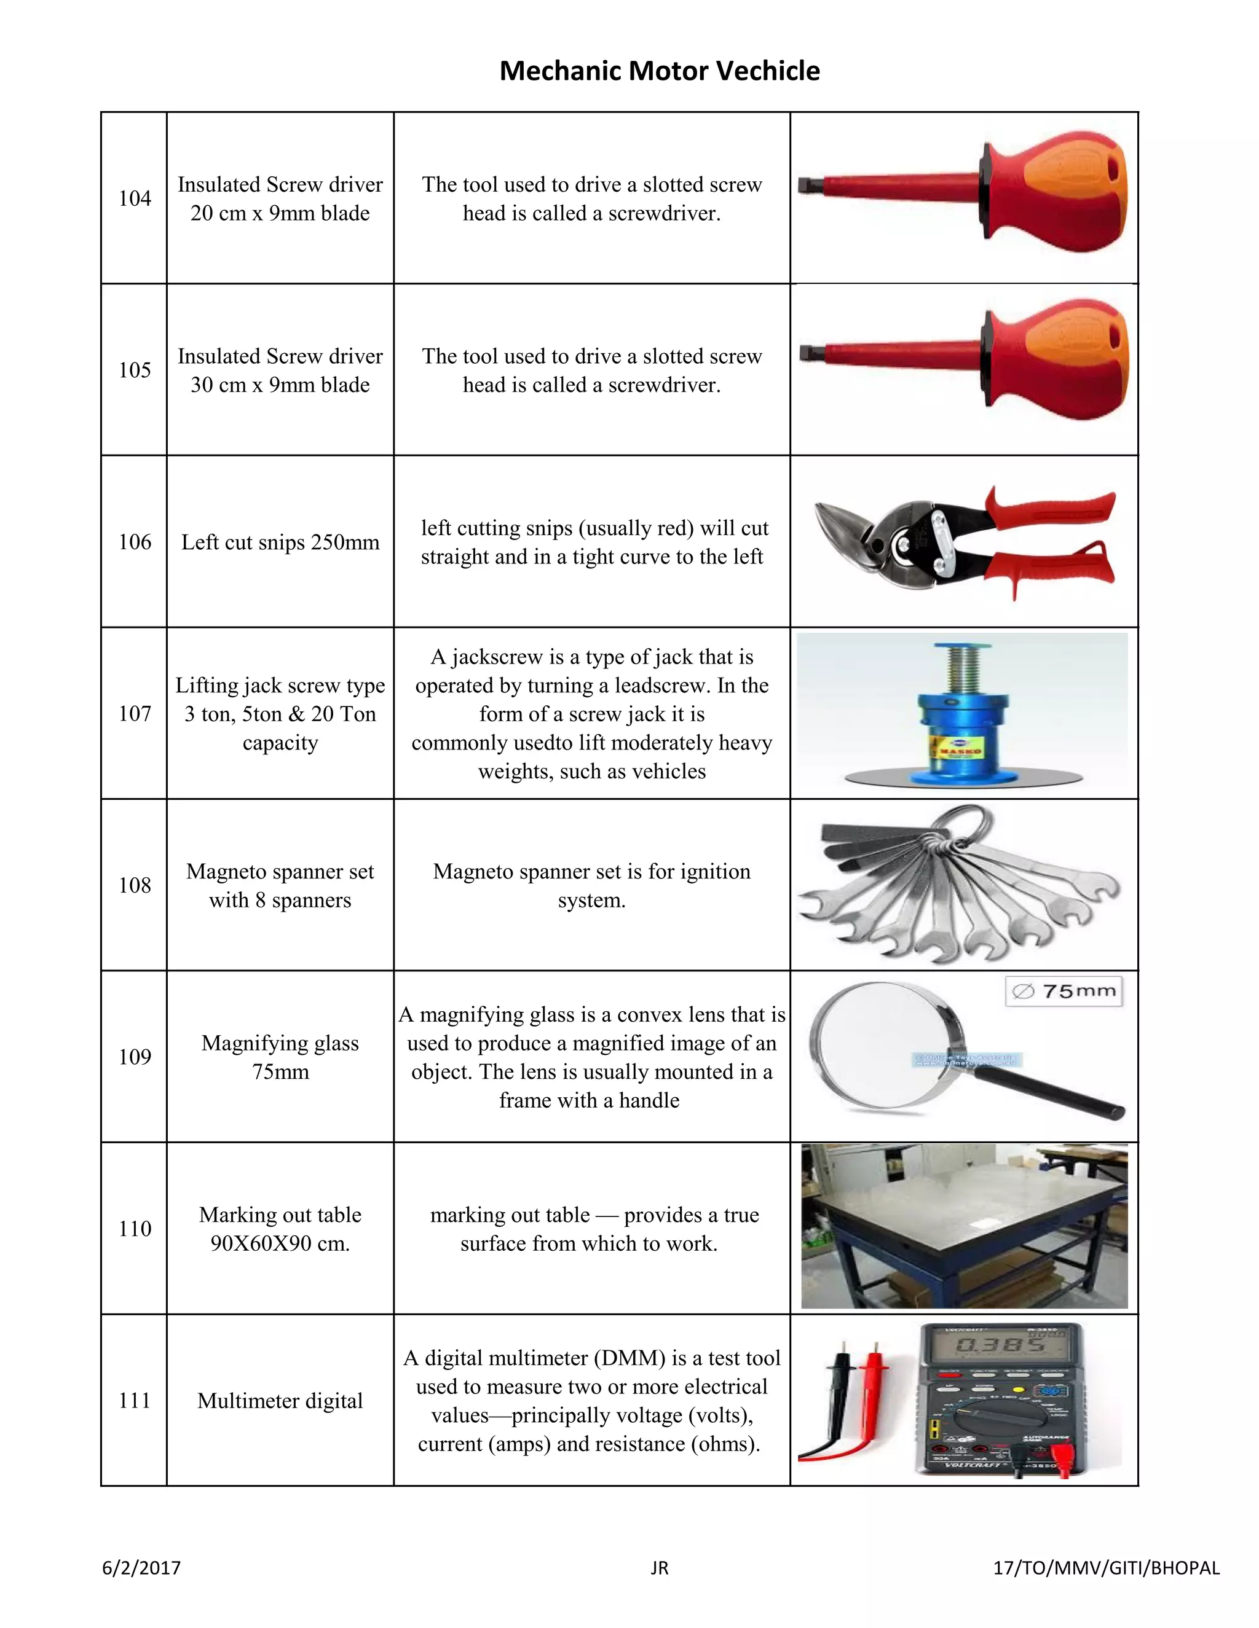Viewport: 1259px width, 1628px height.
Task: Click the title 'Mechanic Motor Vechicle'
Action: (x=660, y=71)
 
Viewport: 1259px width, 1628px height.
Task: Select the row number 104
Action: (x=135, y=198)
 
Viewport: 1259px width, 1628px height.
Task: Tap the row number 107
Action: (x=135, y=713)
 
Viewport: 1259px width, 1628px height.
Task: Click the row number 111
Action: (x=135, y=1400)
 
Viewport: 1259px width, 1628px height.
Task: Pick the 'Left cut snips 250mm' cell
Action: (x=280, y=542)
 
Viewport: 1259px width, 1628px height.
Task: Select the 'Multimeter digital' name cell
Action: (x=280, y=1401)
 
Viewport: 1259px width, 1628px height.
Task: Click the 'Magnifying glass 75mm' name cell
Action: (x=280, y=1057)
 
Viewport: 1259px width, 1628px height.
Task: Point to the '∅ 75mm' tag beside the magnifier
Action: (x=1064, y=992)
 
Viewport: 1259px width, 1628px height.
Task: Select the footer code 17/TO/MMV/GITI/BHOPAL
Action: (x=1106, y=1568)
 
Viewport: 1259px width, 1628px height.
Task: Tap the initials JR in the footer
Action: (x=660, y=1568)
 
